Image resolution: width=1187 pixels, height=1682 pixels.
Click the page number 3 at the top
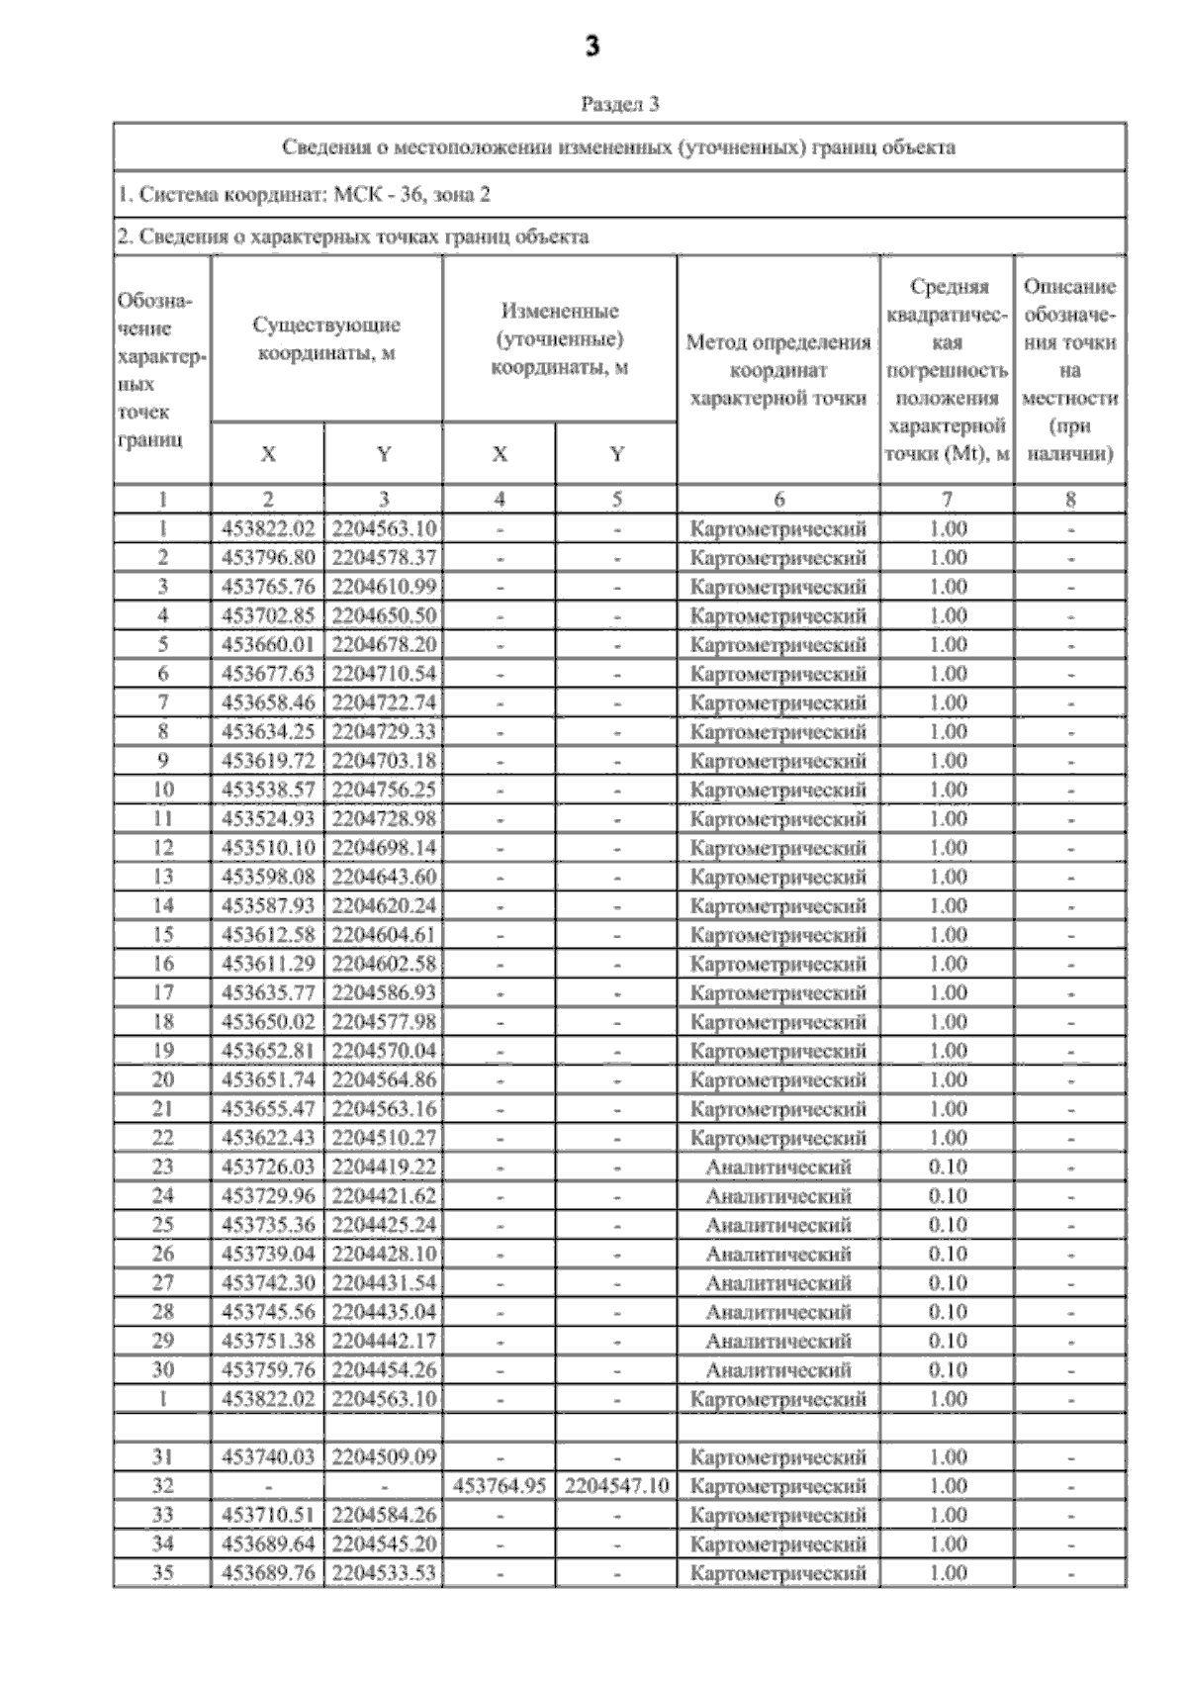593,47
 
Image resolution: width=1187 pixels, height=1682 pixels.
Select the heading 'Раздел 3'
620,104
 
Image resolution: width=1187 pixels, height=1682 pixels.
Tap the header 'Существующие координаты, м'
326,338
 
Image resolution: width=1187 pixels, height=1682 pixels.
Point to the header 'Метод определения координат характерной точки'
778,370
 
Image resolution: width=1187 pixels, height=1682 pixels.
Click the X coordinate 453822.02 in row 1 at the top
268,528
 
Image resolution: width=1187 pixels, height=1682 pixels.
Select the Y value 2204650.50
384,615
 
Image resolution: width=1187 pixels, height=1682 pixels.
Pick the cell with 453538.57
268,790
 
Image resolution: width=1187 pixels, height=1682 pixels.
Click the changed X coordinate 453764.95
500,1485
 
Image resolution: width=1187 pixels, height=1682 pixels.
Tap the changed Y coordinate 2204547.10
616,1485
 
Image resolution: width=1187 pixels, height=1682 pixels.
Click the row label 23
163,1167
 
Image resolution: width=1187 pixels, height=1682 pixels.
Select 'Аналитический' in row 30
778,1369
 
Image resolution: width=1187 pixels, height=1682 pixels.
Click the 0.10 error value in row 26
948,1254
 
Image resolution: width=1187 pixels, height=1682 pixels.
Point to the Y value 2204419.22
384,1167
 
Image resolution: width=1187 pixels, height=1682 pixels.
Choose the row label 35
163,1572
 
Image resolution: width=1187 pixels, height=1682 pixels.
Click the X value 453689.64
268,1543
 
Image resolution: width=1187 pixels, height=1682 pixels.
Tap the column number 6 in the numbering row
778,500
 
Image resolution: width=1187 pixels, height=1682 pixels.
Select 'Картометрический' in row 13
778,877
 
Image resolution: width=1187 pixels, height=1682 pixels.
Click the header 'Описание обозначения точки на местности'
1070,370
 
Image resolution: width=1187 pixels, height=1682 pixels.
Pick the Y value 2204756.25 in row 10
384,790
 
